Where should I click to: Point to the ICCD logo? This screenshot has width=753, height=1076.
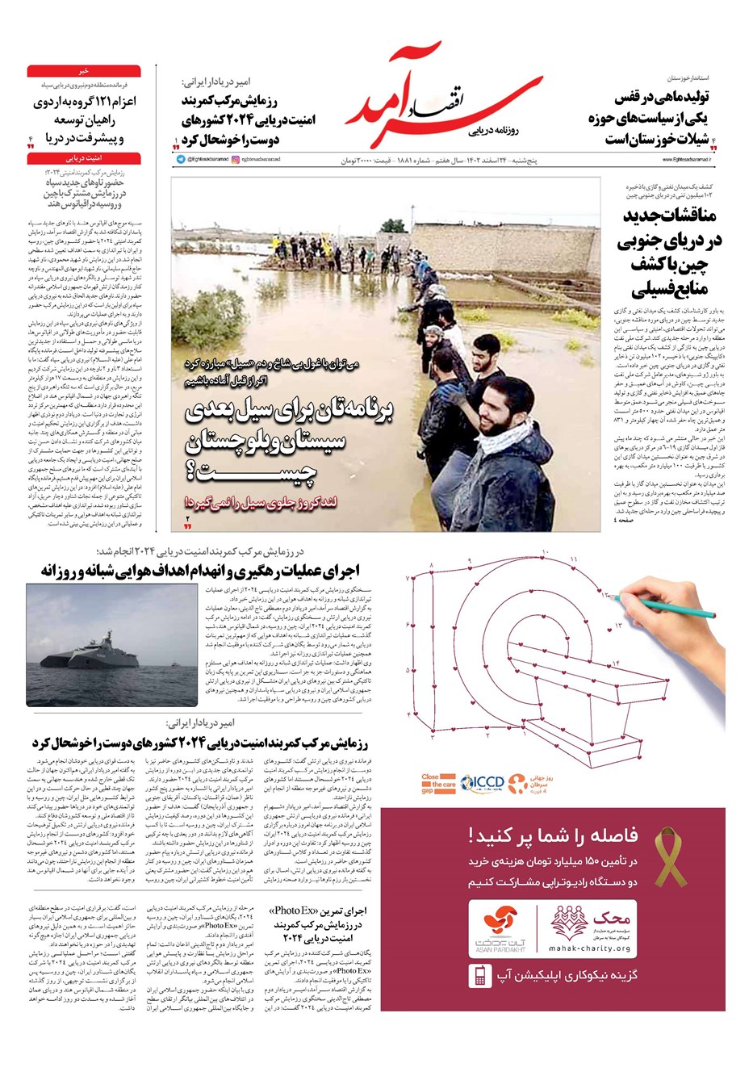point(483,782)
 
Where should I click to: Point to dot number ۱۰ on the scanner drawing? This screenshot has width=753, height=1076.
point(546,552)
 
